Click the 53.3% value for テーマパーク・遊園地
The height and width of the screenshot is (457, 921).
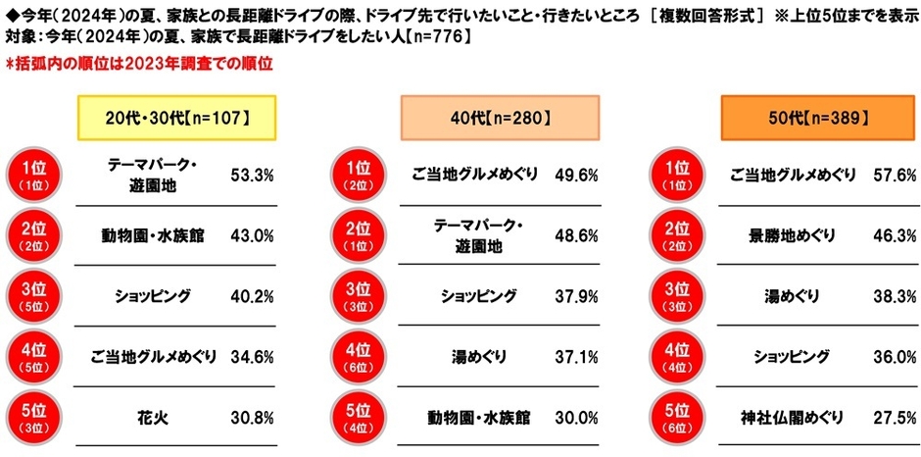click(251, 175)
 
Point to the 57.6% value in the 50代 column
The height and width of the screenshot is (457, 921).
click(894, 175)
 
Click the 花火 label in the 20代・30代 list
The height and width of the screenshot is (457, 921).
click(152, 417)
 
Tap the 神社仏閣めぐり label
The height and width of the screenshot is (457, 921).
click(795, 417)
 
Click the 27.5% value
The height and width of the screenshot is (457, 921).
click(894, 417)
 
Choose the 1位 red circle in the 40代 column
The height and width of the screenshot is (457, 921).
click(356, 175)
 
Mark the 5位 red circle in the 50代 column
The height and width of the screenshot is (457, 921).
click(677, 417)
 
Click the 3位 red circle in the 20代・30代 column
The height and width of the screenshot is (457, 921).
click(34, 296)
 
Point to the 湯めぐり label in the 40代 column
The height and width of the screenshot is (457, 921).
click(473, 357)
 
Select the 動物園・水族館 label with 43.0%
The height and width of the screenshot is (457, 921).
click(152, 235)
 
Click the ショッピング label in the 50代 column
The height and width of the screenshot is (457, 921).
click(795, 357)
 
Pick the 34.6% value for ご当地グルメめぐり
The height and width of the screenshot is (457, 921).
click(251, 357)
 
